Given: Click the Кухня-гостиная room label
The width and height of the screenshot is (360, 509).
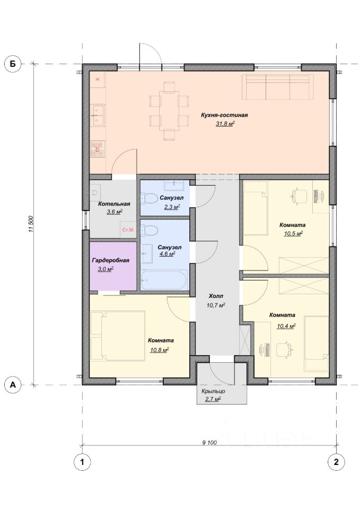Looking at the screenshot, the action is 224,115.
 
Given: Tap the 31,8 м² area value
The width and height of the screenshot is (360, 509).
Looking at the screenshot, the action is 225,124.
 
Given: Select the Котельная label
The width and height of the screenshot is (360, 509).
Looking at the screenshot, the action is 114,204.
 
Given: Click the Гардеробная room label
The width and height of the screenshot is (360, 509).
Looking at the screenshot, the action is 111,260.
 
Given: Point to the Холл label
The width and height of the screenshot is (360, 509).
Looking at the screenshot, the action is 216,296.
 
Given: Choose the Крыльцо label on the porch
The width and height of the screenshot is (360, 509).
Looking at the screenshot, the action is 213,391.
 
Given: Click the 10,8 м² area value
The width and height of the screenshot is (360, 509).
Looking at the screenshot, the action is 160,350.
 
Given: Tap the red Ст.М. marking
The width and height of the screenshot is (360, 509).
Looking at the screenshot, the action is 128,230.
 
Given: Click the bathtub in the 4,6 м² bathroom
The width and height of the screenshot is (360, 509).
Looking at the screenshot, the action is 164,280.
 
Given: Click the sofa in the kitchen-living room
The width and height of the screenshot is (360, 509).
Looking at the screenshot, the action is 277,87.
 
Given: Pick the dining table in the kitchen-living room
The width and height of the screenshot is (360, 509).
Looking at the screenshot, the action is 169,111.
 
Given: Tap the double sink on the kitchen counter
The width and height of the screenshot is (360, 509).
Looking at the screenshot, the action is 97,115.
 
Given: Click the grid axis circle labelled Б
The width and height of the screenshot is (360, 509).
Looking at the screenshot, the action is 13,64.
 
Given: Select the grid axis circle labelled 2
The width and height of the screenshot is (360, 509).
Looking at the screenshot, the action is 336,461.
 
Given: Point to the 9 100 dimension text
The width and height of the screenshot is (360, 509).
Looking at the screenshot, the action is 209,442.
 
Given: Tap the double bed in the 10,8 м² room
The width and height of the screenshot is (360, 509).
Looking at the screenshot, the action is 118,336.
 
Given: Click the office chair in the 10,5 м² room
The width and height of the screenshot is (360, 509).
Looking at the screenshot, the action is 300,196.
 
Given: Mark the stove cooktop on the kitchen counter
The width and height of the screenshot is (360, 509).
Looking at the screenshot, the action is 97,149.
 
